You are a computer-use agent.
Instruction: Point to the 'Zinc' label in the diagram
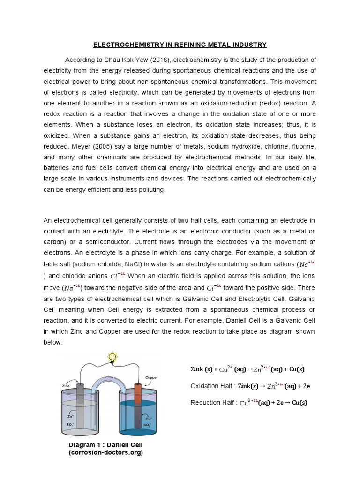[66, 386]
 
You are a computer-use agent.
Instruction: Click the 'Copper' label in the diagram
[151, 377]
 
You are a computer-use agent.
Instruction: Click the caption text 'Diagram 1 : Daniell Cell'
[105, 444]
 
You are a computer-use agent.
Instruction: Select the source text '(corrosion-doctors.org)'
[105, 452]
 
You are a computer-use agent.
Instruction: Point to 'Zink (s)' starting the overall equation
[201, 369]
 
